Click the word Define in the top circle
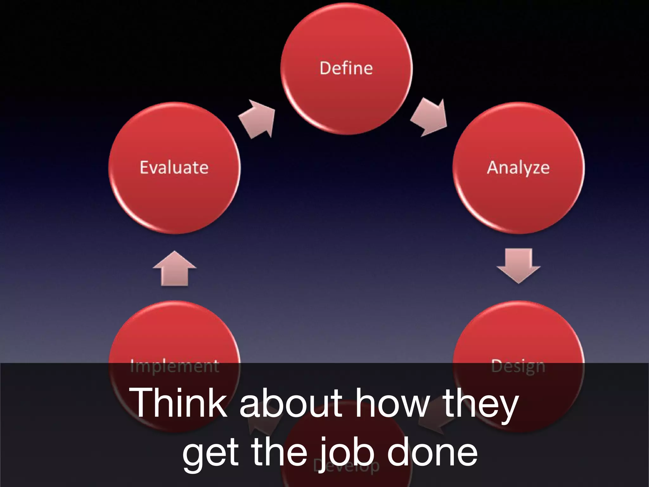[x=346, y=68]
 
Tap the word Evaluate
[x=174, y=167]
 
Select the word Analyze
[x=518, y=168]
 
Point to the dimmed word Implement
[x=175, y=367]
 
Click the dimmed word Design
[x=518, y=367]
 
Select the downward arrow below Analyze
[x=518, y=265]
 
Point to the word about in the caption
[x=291, y=403]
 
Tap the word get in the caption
[x=210, y=454]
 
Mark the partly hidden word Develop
[x=346, y=466]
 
